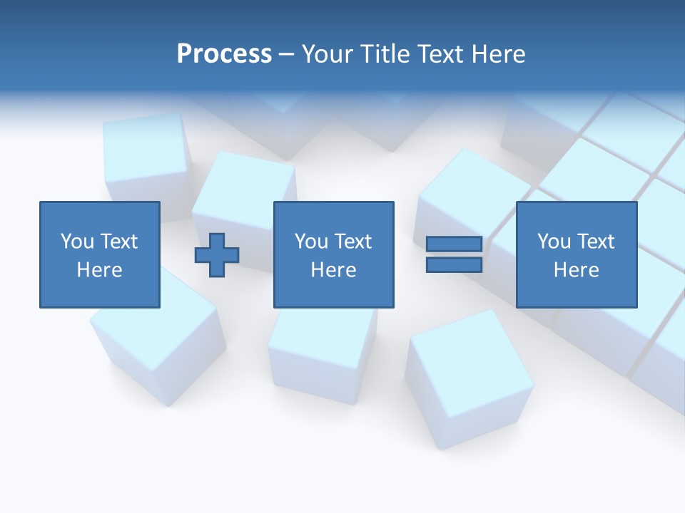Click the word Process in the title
coord(224,54)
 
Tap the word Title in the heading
coord(387,54)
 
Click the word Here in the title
coord(497,54)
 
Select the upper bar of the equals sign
coord(454,244)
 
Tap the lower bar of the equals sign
coord(454,265)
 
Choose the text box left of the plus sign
coord(100,254)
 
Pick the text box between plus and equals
coord(333,254)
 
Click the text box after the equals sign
coord(576,254)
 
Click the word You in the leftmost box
coord(77,242)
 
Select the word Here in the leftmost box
coord(99,270)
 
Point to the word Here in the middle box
coord(333,270)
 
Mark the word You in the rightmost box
coord(554,242)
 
